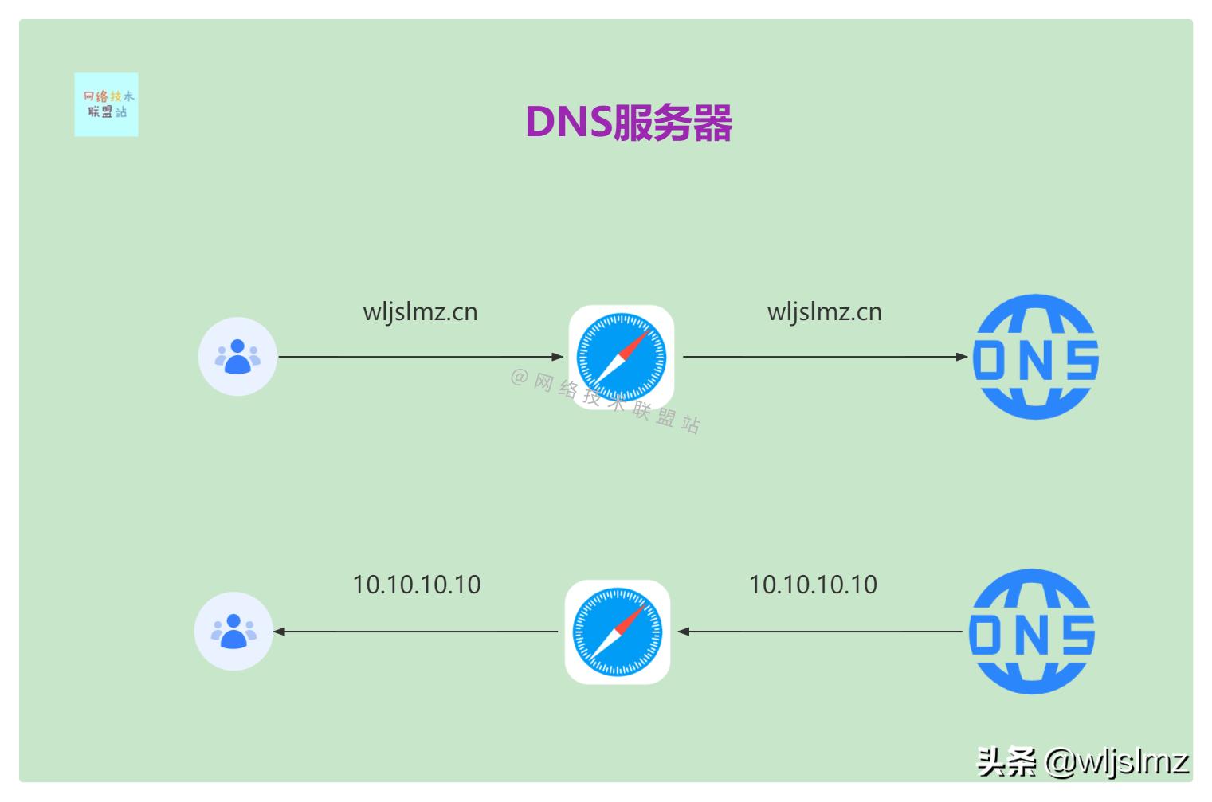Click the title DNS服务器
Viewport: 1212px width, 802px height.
[628, 123]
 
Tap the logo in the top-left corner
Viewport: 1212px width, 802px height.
[106, 104]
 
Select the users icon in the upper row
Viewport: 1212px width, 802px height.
[237, 357]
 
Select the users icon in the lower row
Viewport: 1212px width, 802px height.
[233, 632]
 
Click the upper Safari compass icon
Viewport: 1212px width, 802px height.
[621, 357]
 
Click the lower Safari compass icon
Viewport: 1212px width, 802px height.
[618, 632]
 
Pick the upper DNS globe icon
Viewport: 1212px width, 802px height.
[1035, 357]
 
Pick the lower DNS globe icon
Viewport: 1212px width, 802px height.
[1031, 632]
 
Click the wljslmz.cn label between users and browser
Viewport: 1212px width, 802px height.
[420, 311]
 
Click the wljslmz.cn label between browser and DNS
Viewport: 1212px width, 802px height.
[824, 311]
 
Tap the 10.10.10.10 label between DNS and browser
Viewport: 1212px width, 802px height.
[813, 585]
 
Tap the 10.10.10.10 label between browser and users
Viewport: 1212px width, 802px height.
[416, 585]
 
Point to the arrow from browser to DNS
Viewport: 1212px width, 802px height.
[825, 357]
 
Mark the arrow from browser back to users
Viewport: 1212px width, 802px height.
[414, 632]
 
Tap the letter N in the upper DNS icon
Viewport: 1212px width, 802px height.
[1034, 360]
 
